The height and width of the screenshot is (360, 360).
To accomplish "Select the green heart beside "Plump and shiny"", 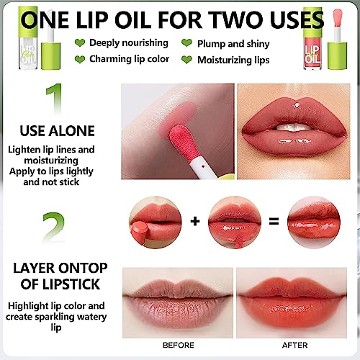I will tap(186, 43).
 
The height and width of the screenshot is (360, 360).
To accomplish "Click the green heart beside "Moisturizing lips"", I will tap(186, 60).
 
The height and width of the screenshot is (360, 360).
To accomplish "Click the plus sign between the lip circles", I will tap(194, 221).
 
